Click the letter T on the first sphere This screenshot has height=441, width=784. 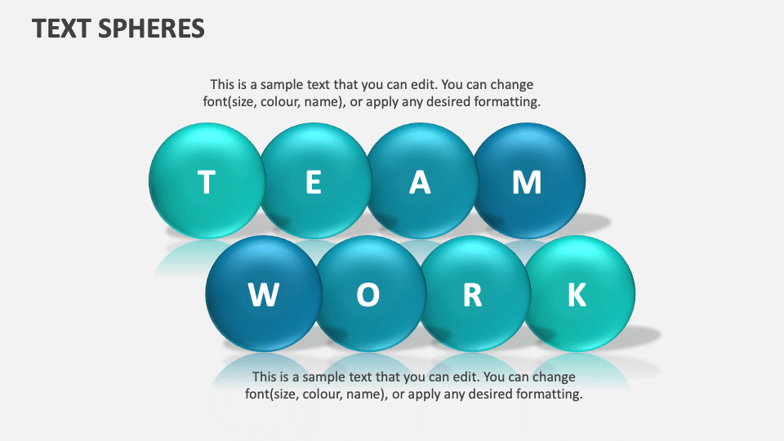(x=207, y=183)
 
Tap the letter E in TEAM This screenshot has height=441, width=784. (x=313, y=183)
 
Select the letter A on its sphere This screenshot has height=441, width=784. (x=420, y=183)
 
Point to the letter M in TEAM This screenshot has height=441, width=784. (x=527, y=183)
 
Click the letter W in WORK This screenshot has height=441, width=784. (x=263, y=295)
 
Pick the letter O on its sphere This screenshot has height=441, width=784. (x=367, y=295)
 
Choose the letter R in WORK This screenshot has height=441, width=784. (x=472, y=295)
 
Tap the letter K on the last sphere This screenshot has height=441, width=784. (x=577, y=295)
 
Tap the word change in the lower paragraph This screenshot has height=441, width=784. (x=556, y=377)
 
